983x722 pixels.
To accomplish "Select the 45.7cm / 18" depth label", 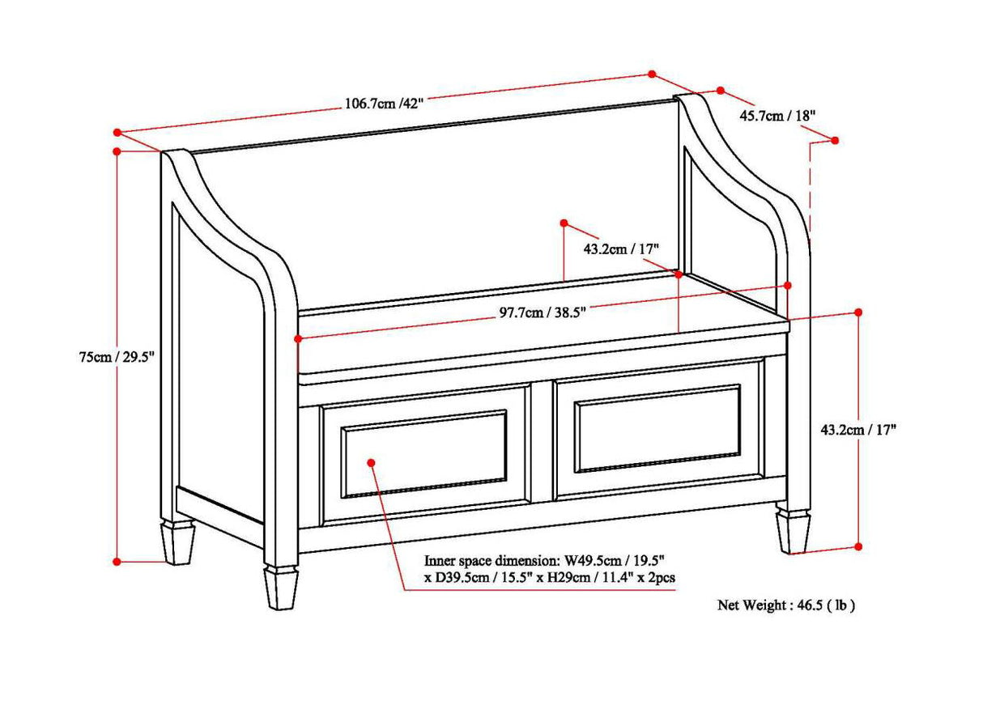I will pyautogui.click(x=777, y=116).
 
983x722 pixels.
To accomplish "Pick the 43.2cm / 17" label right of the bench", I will pyautogui.click(x=858, y=430).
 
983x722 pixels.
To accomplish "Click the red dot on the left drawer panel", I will pyautogui.click(x=371, y=462).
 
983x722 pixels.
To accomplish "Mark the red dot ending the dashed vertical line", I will pyautogui.click(x=835, y=140).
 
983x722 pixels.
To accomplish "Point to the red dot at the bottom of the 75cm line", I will pyautogui.click(x=117, y=561).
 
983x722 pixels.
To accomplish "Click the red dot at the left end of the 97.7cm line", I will pyautogui.click(x=298, y=338).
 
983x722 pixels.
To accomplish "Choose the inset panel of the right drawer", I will pyautogui.click(x=657, y=428).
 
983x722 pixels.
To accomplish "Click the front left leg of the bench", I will pyautogui.click(x=281, y=586).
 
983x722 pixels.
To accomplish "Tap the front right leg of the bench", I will pyautogui.click(x=793, y=531).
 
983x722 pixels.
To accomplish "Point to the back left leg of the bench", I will pyautogui.click(x=178, y=541).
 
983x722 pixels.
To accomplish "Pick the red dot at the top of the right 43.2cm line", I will pyautogui.click(x=858, y=312).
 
